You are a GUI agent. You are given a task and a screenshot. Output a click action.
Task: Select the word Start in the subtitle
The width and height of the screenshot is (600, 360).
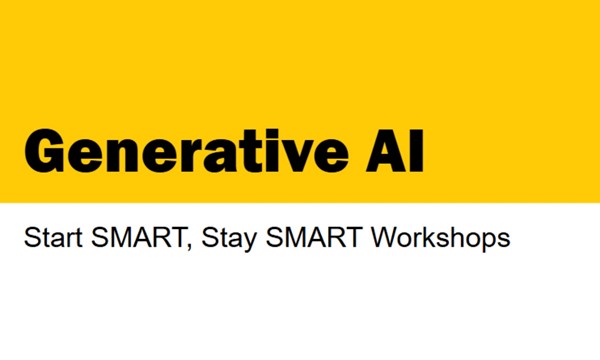tap(52, 240)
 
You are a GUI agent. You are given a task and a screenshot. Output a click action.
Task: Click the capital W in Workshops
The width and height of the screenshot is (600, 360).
tap(385, 240)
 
